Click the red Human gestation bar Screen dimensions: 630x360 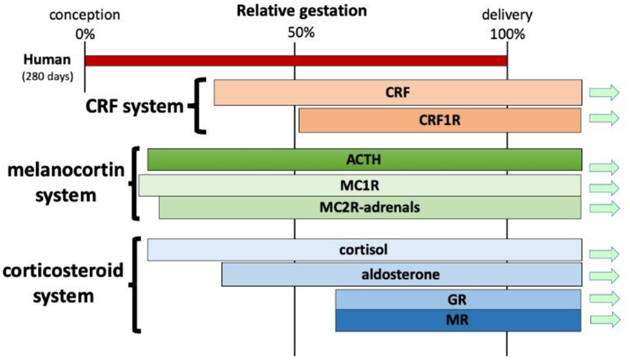(x=296, y=61)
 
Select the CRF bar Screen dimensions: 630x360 (x=398, y=92)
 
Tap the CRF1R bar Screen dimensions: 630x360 (x=440, y=120)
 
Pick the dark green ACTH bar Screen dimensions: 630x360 (x=365, y=159)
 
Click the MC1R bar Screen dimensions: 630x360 (x=360, y=185)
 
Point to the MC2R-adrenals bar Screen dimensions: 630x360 (x=370, y=208)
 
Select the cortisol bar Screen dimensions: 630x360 (x=365, y=250)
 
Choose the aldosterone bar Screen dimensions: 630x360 (x=402, y=274)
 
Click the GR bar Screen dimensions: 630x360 (x=458, y=299)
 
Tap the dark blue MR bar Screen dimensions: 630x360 (x=458, y=320)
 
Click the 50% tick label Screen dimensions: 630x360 (x=301, y=33)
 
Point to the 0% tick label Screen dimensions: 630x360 (x=85, y=34)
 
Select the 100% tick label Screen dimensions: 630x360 (x=508, y=34)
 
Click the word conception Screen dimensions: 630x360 (x=85, y=15)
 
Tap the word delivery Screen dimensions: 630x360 (x=507, y=15)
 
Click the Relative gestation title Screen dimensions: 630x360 (x=302, y=10)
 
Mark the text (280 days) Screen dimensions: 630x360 (x=48, y=77)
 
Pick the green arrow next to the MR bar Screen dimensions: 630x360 (x=605, y=320)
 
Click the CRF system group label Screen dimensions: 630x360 (x=134, y=106)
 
